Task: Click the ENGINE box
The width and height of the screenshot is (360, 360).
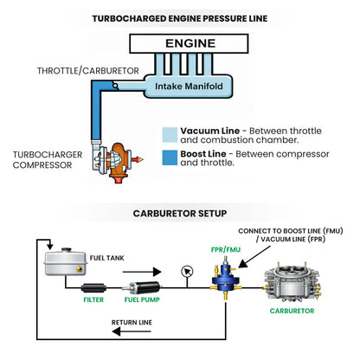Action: point(189,43)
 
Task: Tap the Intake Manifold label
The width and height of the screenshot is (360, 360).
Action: point(189,87)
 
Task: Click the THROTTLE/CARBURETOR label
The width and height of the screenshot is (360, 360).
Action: point(88,71)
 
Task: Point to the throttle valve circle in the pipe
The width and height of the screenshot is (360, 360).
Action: point(115,86)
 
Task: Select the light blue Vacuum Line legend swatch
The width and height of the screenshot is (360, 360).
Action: point(170,135)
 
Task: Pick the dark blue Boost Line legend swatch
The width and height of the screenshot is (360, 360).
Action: point(170,157)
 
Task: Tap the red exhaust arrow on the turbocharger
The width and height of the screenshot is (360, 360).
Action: point(138,159)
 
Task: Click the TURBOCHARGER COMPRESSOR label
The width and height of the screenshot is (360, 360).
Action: point(48,160)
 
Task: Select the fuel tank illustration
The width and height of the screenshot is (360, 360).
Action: point(66,261)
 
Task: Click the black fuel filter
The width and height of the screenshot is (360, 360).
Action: point(93,288)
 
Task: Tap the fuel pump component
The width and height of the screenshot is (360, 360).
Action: point(141,287)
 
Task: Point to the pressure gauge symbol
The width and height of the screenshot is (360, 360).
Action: point(187,272)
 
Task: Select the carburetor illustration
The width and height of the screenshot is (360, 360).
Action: point(292,282)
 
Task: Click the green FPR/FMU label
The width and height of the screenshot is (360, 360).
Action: point(226,249)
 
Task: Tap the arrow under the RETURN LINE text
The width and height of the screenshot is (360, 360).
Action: point(132,331)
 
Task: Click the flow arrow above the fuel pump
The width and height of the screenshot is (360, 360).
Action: point(142,272)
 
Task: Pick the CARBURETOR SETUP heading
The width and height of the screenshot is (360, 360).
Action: point(180,214)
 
